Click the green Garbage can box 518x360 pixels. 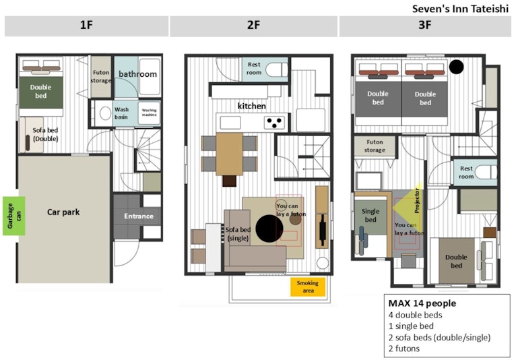coord(14,216)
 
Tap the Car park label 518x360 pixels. coord(63,212)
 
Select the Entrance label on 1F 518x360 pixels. coord(139,216)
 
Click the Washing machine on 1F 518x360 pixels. coord(150,113)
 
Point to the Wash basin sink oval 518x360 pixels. coord(105,113)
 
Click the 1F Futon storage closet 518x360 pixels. coord(101,77)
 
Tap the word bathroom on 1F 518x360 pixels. coord(138,74)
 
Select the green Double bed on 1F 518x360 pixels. coord(41,92)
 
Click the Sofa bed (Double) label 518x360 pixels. coord(46,134)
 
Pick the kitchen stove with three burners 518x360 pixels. coord(275,123)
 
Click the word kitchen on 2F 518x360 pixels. coord(252,106)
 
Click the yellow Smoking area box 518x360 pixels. coord(308,287)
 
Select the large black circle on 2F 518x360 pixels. coord(269,229)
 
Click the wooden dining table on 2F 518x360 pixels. coord(229,154)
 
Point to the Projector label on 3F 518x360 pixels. coord(417,201)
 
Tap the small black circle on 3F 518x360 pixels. coord(457,67)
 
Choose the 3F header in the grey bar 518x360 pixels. coord(425,25)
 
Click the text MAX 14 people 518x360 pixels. coord(422,303)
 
